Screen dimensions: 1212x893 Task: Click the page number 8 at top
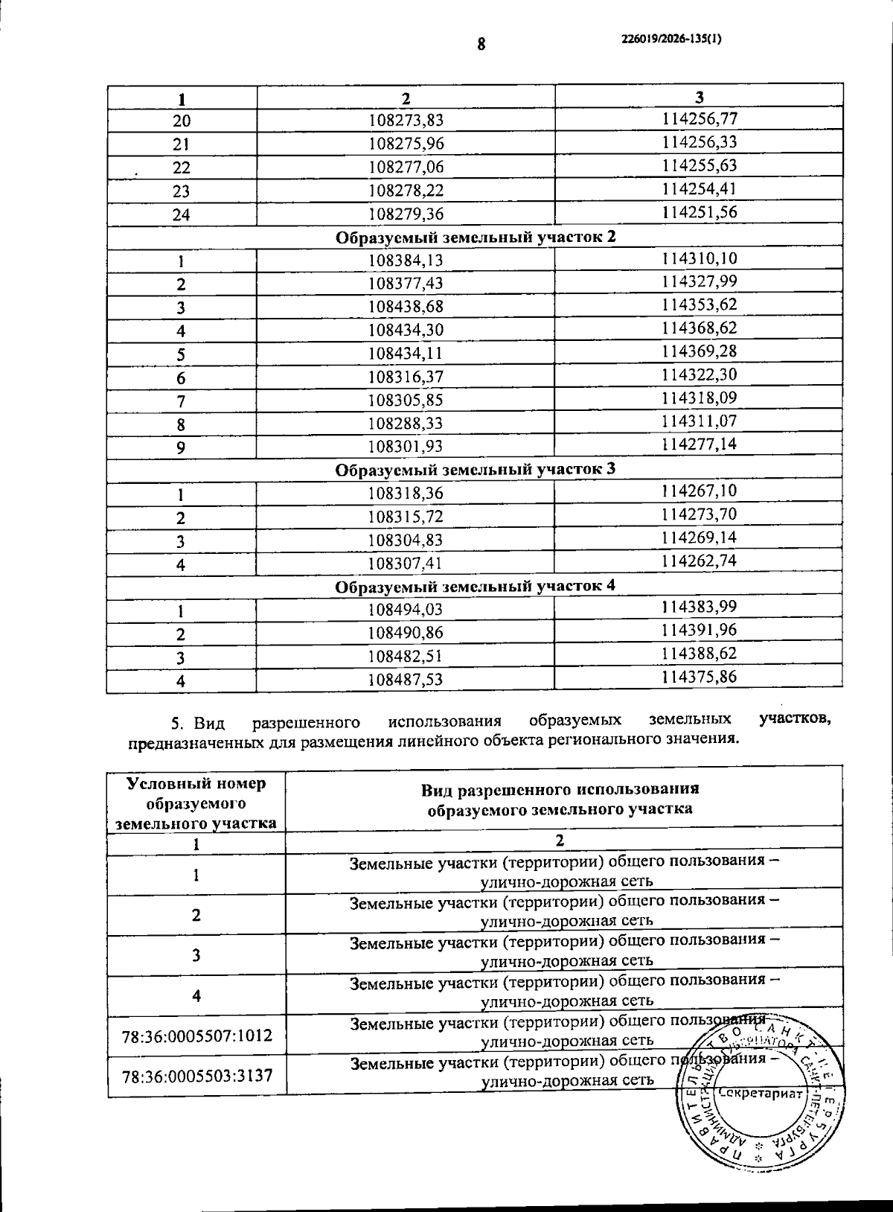click(481, 44)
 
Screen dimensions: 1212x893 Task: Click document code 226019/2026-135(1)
click(670, 40)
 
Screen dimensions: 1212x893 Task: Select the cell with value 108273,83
click(406, 120)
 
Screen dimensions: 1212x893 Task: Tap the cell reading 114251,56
click(700, 212)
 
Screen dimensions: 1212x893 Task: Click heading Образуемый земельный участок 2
click(476, 237)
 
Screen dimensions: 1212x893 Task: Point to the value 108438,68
click(406, 307)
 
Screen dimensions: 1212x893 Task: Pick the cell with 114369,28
click(700, 351)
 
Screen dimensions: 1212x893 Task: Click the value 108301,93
click(406, 447)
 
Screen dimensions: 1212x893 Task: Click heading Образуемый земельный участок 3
click(475, 470)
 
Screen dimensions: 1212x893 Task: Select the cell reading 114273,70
click(700, 514)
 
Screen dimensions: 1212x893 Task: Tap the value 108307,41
click(406, 564)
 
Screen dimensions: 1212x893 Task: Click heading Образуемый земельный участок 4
click(475, 586)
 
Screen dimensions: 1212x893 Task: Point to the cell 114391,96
click(700, 630)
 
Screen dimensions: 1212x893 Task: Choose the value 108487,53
click(406, 680)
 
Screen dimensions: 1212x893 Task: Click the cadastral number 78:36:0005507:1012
click(197, 1035)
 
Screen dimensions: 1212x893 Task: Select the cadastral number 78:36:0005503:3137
click(197, 1075)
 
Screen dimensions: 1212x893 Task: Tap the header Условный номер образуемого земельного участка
click(196, 803)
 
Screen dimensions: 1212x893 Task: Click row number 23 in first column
click(181, 191)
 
